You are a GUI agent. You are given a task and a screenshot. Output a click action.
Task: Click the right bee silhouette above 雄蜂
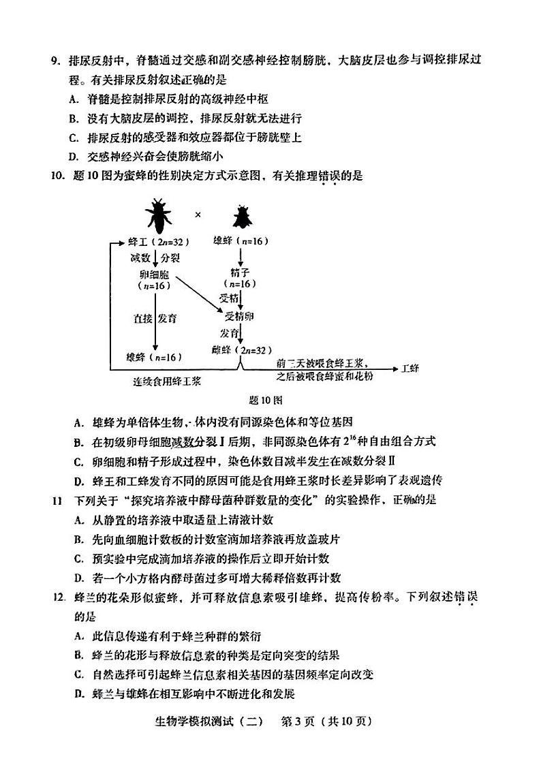click(x=241, y=216)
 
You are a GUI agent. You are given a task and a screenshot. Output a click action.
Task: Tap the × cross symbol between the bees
click(x=198, y=215)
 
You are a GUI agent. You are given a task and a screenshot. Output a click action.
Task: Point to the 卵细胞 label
click(x=153, y=274)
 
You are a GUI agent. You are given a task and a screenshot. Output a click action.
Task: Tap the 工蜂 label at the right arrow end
click(x=411, y=369)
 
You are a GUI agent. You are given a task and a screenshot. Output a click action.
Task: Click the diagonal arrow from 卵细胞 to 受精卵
click(x=197, y=294)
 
